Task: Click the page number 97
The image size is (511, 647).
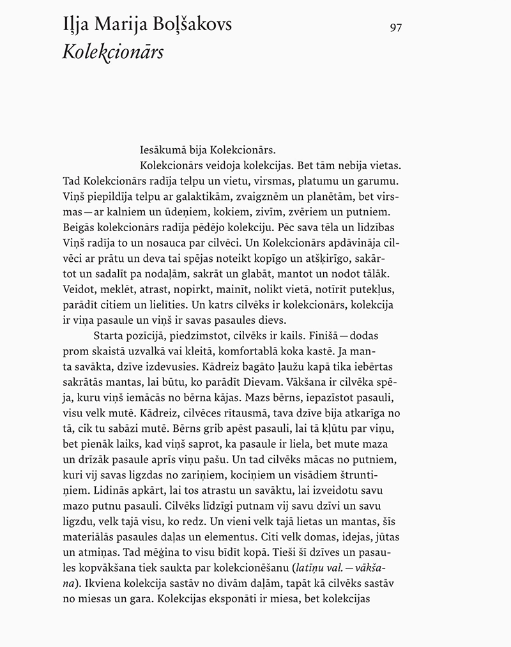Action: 395,27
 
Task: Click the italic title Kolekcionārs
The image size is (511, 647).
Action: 112,52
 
